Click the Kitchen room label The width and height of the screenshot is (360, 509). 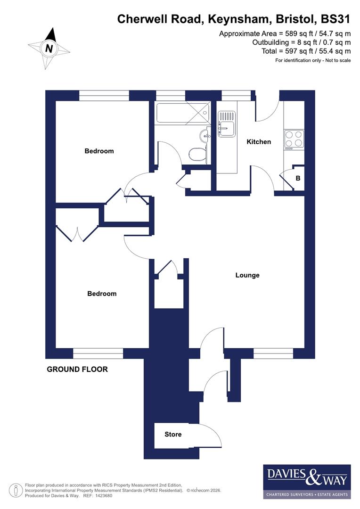(259, 142)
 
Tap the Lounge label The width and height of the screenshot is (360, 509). (247, 275)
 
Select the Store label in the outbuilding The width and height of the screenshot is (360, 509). (173, 435)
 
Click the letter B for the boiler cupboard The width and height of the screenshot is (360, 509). (298, 179)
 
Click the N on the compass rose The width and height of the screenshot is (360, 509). (49, 48)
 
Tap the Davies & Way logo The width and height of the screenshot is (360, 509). (307, 481)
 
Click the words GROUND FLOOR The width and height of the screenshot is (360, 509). (77, 369)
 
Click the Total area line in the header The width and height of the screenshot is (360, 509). (306, 51)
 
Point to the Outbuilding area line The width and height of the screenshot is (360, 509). (302, 42)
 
